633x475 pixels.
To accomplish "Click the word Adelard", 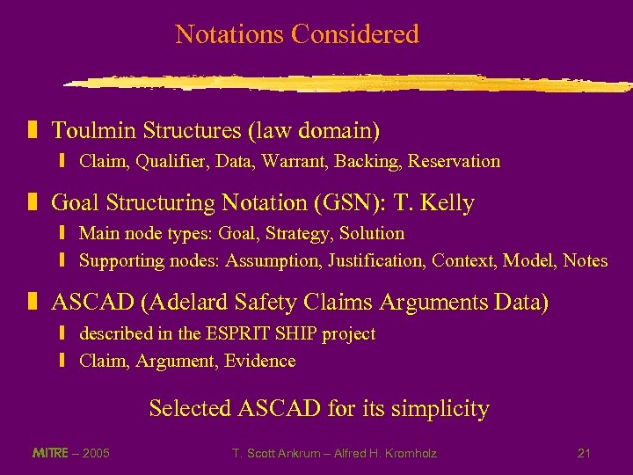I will point(201,303).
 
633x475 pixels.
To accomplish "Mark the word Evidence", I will point(259,362).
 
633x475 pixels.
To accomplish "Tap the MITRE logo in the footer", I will point(48,453).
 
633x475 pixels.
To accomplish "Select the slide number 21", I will point(584,453).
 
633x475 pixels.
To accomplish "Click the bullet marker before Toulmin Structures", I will point(33,131).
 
